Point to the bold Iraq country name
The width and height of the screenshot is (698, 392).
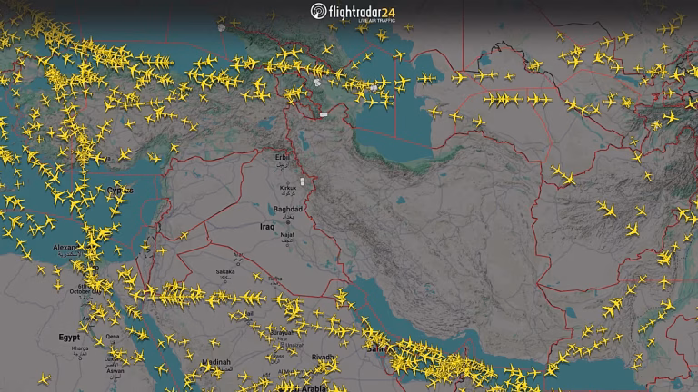[x=267, y=226]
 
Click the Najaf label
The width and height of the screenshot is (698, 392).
[x=287, y=234]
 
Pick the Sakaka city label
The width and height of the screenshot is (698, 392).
[x=224, y=270]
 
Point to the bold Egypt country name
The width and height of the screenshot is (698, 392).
[x=69, y=337]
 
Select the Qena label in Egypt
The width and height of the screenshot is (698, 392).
[x=113, y=336]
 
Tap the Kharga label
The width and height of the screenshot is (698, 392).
[x=81, y=348]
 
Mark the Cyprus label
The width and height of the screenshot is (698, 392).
[x=120, y=191]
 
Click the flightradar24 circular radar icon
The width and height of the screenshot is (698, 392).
[x=318, y=11]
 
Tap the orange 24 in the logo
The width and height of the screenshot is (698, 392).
[x=387, y=11]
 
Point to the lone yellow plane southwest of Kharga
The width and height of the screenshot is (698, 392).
[x=45, y=378]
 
